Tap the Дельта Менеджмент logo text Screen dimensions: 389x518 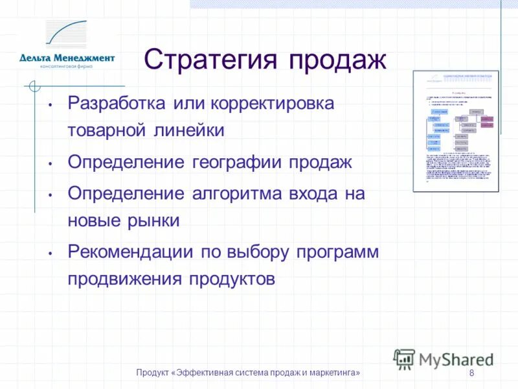67,58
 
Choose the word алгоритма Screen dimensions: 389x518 243,193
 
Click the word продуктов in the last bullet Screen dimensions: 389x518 232,279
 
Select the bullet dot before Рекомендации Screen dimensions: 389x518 50,253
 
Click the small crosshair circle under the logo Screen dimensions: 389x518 35,86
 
